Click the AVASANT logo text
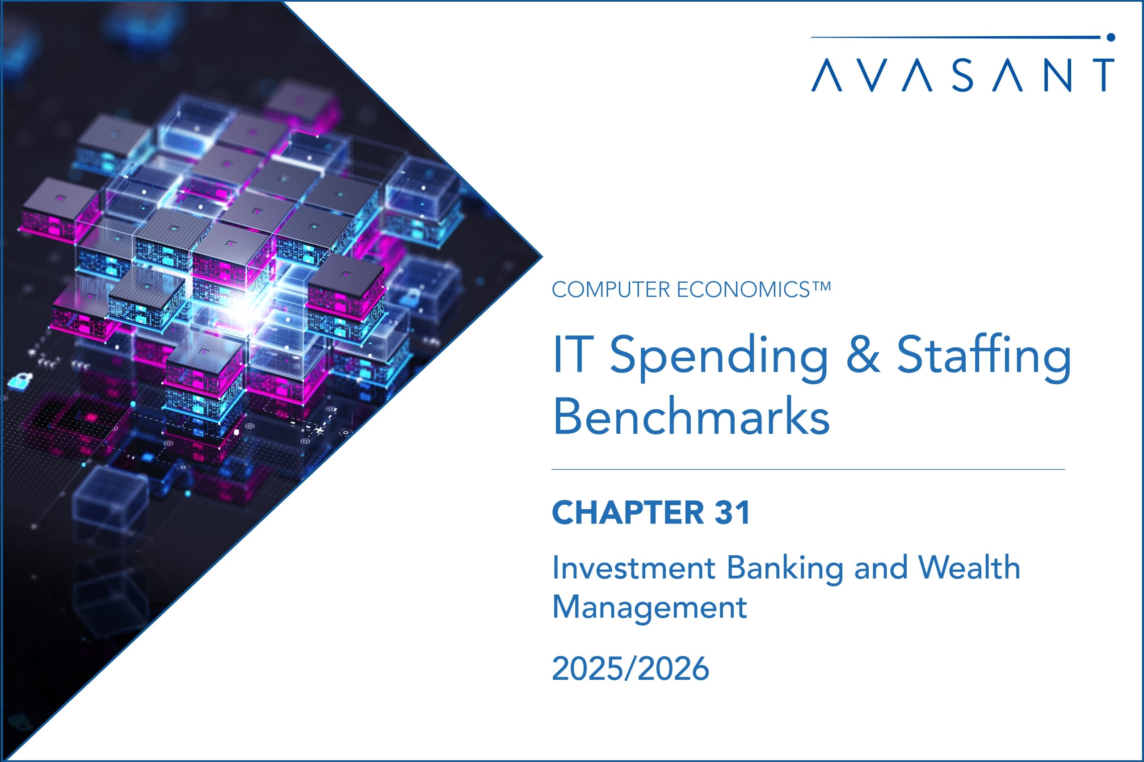[x=963, y=75]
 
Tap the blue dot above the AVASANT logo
[x=1110, y=37]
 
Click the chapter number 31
[x=732, y=513]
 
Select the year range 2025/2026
[x=631, y=669]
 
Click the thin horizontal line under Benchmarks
[x=808, y=470]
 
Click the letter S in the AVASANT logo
[x=963, y=75]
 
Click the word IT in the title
[x=573, y=355]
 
